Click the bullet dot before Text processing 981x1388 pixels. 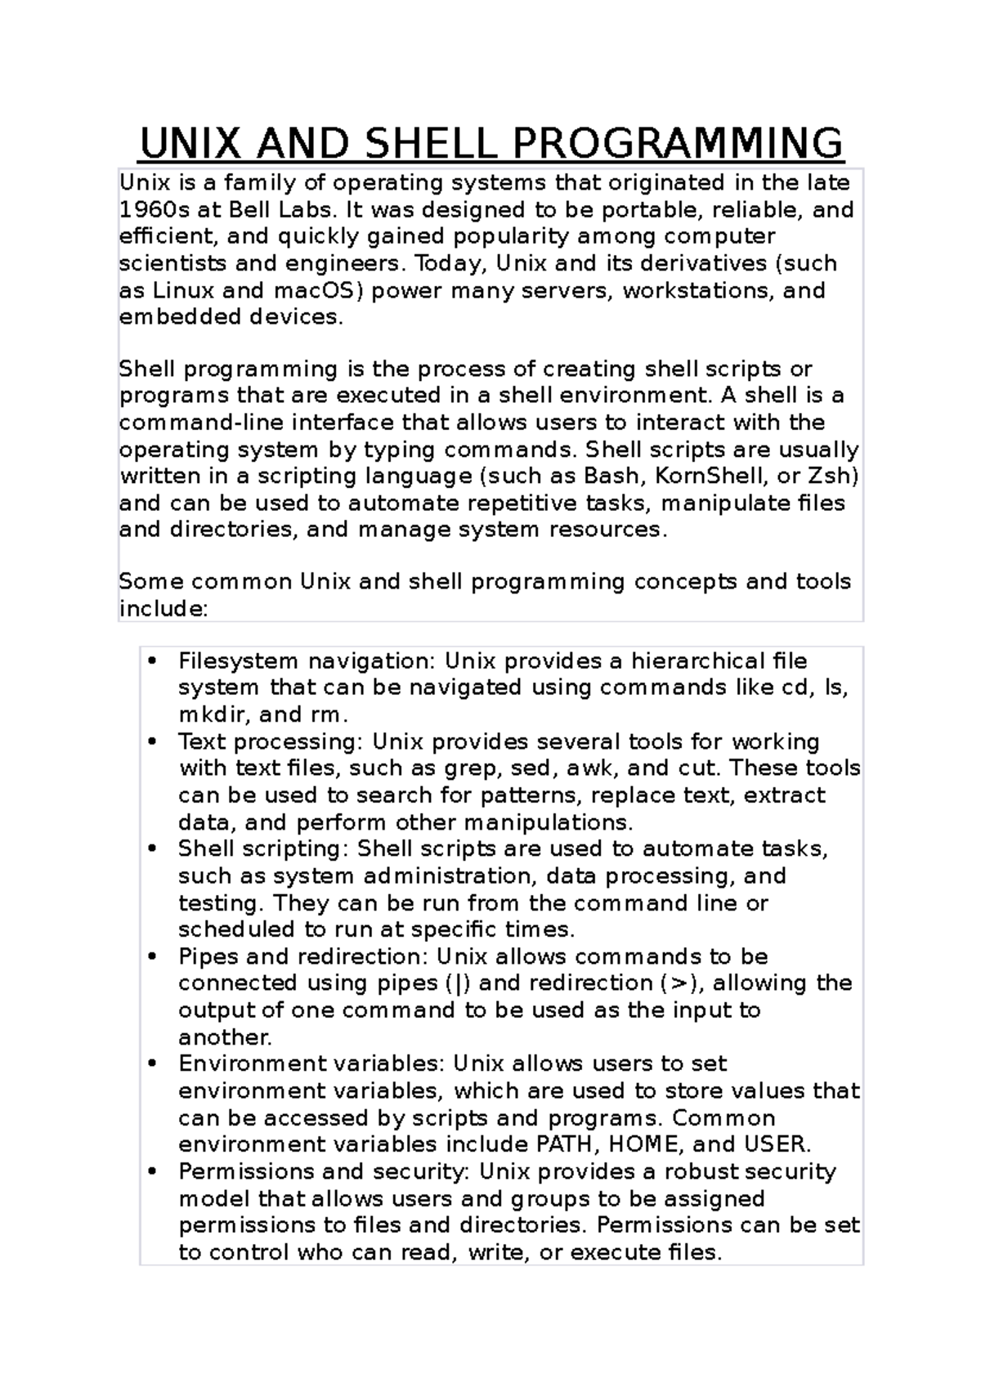click(x=152, y=742)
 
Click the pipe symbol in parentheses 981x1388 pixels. click(x=455, y=983)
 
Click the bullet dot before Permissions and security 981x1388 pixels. click(x=152, y=1172)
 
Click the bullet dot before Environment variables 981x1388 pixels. click(x=152, y=1064)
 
